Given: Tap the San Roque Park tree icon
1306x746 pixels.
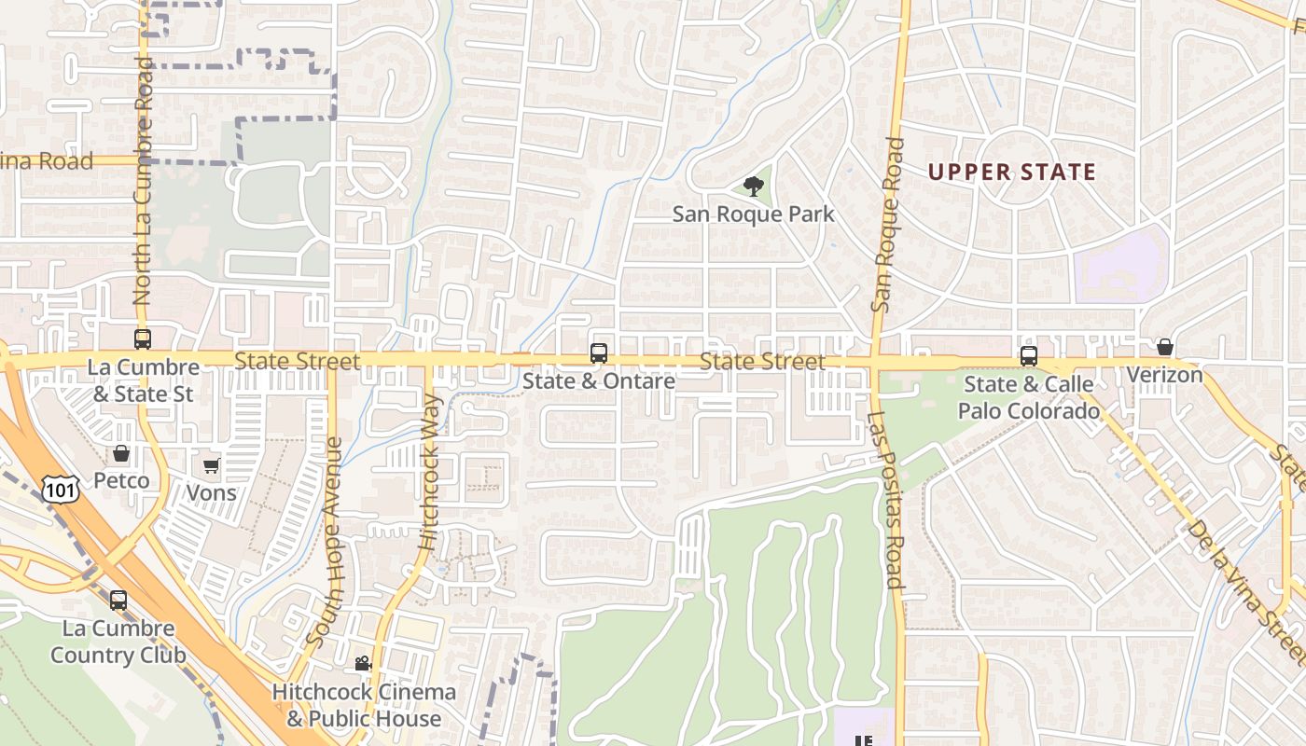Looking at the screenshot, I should pyautogui.click(x=753, y=186).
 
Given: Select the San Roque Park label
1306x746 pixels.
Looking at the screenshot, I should pyautogui.click(x=753, y=214).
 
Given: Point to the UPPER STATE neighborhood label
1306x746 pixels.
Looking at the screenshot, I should pyautogui.click(x=1012, y=172).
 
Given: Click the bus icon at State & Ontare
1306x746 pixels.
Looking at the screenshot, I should pyautogui.click(x=599, y=353).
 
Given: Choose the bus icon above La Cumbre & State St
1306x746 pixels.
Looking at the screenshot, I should pyautogui.click(x=143, y=339).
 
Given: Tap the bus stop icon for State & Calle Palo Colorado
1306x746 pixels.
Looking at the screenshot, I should pyautogui.click(x=1029, y=356).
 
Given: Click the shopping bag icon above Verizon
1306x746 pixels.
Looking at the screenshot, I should pyautogui.click(x=1165, y=347).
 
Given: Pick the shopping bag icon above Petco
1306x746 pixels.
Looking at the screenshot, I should pyautogui.click(x=121, y=454).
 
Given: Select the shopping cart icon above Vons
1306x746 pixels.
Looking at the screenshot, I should pyautogui.click(x=212, y=465).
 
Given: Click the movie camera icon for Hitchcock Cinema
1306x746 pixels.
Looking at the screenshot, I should pyautogui.click(x=363, y=664).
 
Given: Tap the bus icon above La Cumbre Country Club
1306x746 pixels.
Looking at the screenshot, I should pyautogui.click(x=118, y=601).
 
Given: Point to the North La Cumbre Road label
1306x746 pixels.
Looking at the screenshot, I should pyautogui.click(x=143, y=182).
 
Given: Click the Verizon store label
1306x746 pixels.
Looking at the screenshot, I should pyautogui.click(x=1164, y=375).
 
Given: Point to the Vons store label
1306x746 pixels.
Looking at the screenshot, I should pyautogui.click(x=212, y=492).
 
